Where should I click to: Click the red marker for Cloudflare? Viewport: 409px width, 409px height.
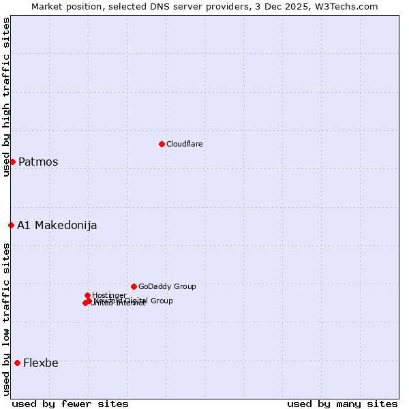pyautogui.click(x=162, y=144)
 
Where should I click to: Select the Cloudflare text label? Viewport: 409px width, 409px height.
pyautogui.click(x=184, y=144)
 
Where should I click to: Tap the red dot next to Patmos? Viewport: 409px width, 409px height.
pyautogui.click(x=12, y=162)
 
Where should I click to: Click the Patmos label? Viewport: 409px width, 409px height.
pyautogui.click(x=38, y=162)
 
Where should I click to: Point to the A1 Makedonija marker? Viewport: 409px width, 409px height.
pyautogui.click(x=11, y=225)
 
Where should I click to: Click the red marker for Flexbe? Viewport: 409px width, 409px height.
pyautogui.click(x=17, y=363)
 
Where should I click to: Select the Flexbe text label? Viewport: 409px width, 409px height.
pyautogui.click(x=41, y=363)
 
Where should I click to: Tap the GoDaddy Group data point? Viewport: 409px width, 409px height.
pyautogui.click(x=134, y=286)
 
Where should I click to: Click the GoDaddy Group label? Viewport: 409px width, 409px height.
pyautogui.click(x=167, y=286)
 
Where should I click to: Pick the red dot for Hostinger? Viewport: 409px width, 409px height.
pyautogui.click(x=87, y=295)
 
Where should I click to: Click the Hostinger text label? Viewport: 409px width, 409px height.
pyautogui.click(x=109, y=295)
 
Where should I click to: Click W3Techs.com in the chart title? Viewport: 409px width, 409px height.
pyautogui.click(x=348, y=6)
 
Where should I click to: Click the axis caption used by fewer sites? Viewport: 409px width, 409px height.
pyautogui.click(x=70, y=404)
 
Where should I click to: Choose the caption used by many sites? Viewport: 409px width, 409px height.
pyautogui.click(x=342, y=404)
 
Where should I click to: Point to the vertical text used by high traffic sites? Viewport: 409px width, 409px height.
pyautogui.click(x=6, y=97)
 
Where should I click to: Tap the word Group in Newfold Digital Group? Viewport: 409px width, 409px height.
pyautogui.click(x=161, y=301)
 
